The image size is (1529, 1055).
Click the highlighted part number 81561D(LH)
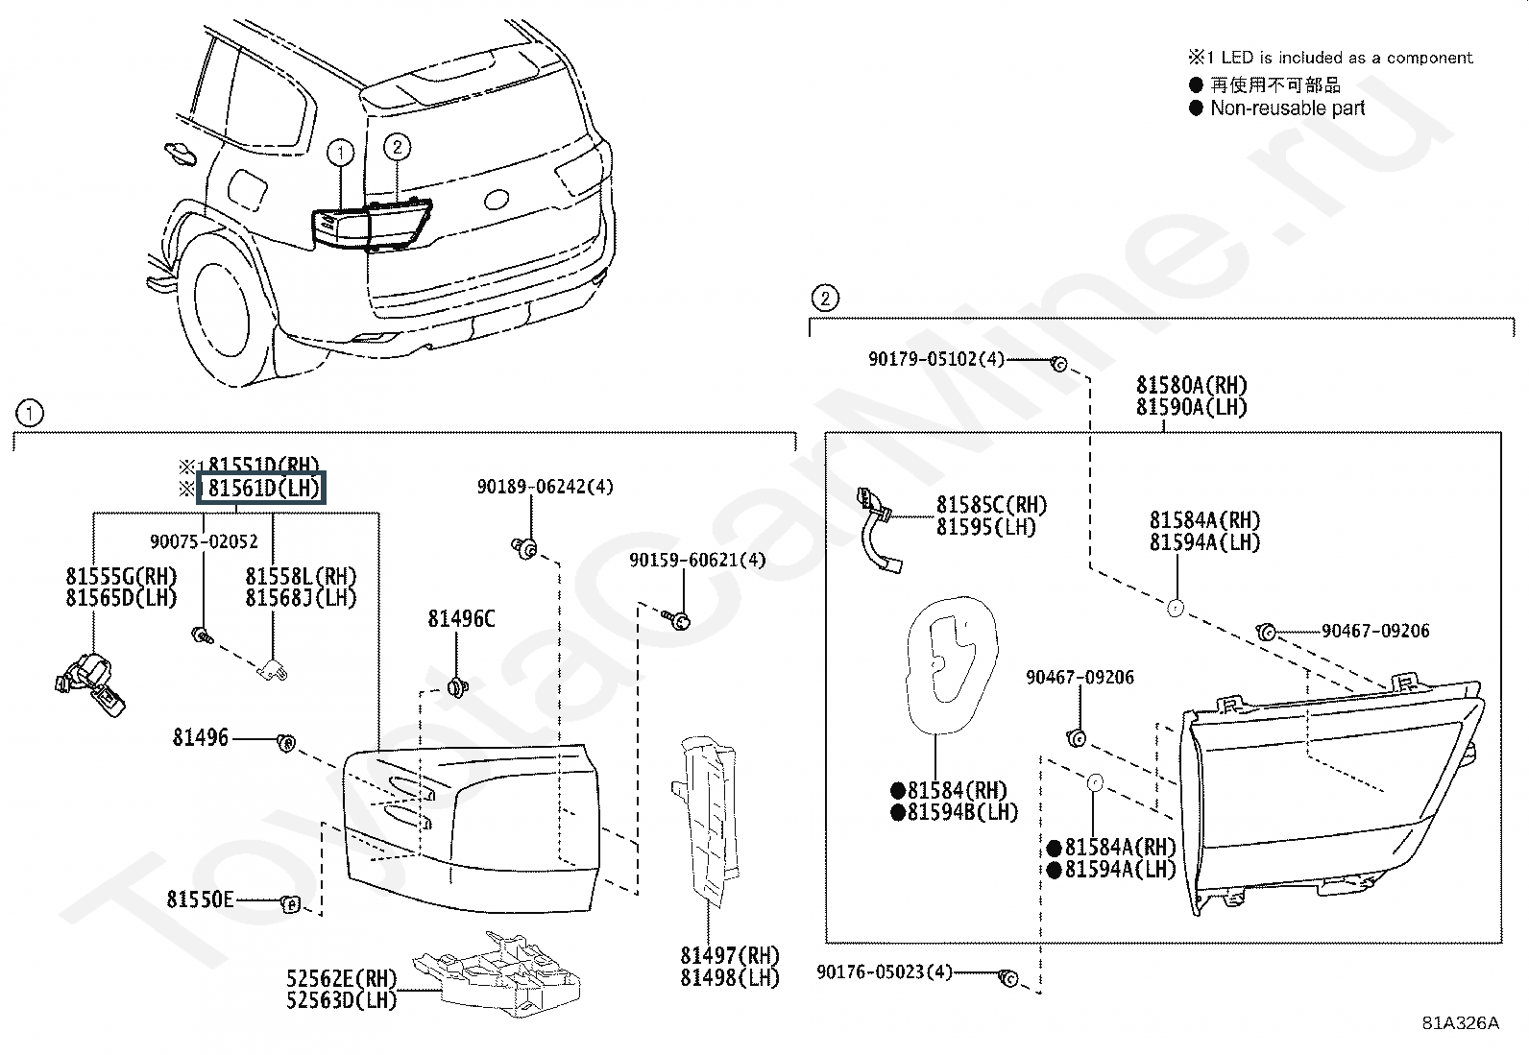click(261, 488)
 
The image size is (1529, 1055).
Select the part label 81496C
click(461, 619)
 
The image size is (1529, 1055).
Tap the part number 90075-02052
click(204, 541)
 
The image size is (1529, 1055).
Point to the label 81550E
click(200, 899)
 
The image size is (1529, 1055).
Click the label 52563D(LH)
click(341, 1000)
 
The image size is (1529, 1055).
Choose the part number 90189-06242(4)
click(545, 487)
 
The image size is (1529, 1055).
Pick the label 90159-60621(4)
click(697, 560)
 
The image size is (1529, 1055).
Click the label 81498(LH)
click(730, 978)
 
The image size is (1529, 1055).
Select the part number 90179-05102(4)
click(935, 359)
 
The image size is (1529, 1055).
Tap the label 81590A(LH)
click(1191, 407)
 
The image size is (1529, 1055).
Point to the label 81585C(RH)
click(991, 505)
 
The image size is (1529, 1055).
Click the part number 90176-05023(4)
click(884, 972)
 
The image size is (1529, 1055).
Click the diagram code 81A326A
click(1460, 1022)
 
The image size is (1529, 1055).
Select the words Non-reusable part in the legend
click(1287, 108)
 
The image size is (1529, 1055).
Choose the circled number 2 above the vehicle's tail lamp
click(397, 147)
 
